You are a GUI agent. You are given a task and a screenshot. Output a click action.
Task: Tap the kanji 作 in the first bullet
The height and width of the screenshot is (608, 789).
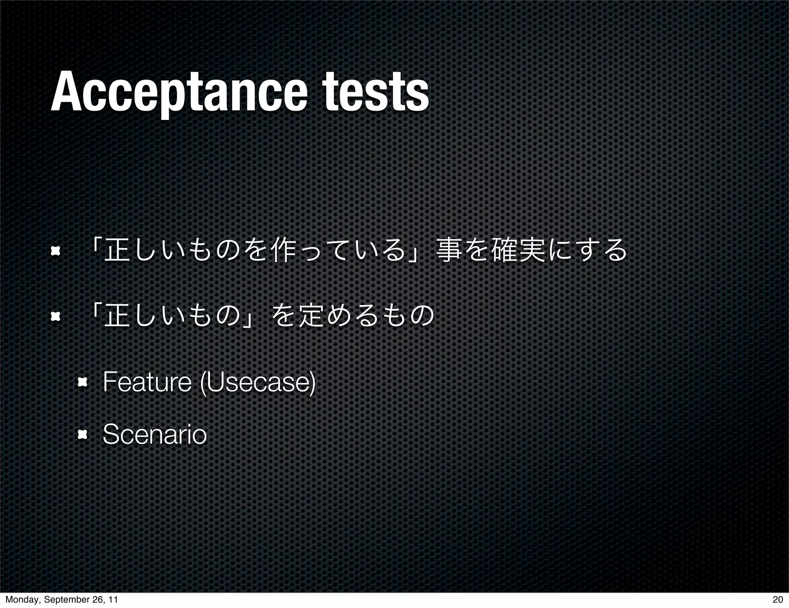(284, 252)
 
